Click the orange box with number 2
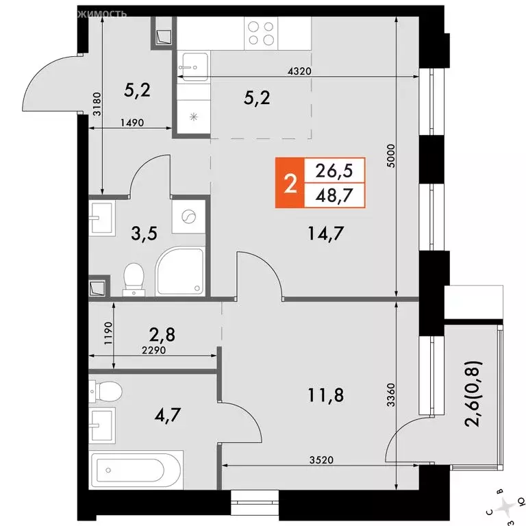290,183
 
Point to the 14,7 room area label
327,235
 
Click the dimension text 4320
299,71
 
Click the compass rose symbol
507,506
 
